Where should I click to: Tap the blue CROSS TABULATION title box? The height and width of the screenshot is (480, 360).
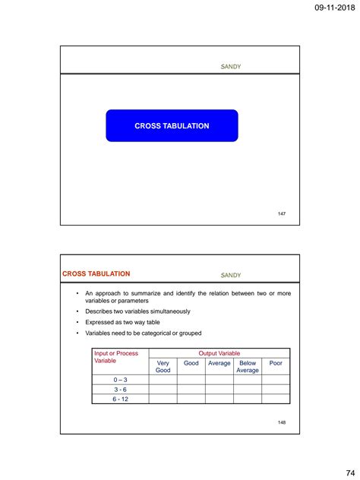coord(172,126)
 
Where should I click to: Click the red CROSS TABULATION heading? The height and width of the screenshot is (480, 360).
coord(96,273)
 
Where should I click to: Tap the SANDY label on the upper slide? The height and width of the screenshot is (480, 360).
coord(230,67)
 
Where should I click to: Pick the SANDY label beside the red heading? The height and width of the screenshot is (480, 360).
coord(230,274)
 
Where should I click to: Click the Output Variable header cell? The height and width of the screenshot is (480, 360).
coord(219,353)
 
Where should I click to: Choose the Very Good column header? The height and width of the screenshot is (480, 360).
coord(163,368)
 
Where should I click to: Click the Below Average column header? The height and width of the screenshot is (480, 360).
coord(248,368)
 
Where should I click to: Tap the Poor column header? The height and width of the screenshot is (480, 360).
coord(276,364)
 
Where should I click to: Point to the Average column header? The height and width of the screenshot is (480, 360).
coord(219,364)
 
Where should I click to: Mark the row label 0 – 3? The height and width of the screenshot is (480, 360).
coord(120,379)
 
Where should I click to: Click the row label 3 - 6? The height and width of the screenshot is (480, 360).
coord(120,389)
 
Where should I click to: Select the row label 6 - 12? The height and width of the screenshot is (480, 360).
coord(120,399)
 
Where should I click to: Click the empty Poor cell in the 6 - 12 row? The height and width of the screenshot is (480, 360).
coord(276,399)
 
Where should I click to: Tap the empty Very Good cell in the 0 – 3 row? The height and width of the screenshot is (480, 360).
coord(163,379)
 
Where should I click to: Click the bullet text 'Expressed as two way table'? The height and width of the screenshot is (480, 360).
coord(122,322)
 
